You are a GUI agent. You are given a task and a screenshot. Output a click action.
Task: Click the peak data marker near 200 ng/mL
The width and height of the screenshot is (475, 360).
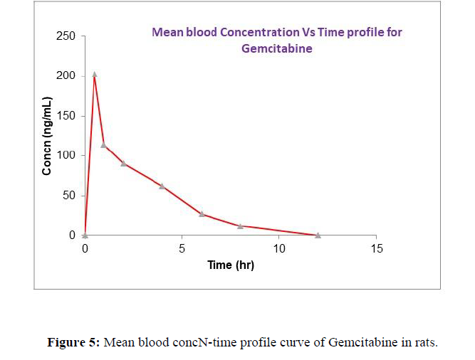[95, 74]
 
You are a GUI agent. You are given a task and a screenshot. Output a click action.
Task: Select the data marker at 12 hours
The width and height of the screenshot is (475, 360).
[318, 235]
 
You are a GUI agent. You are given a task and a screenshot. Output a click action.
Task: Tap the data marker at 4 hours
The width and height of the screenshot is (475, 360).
[162, 186]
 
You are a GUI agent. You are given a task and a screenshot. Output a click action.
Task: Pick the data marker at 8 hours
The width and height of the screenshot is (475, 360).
[240, 226]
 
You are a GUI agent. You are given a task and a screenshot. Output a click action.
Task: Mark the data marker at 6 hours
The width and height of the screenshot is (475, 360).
[202, 213]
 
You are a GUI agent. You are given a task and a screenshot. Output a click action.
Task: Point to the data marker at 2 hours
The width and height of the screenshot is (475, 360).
[123, 163]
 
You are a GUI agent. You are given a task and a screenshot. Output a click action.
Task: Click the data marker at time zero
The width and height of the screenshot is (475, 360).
[85, 235]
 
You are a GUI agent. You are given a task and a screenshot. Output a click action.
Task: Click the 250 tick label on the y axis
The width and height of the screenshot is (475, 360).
[66, 36]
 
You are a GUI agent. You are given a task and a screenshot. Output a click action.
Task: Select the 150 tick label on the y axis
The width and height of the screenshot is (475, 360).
[66, 115]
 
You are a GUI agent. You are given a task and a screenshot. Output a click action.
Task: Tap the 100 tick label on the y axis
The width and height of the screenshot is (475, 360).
[66, 155]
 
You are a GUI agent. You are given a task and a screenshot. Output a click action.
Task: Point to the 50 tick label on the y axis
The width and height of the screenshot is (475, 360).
[69, 195]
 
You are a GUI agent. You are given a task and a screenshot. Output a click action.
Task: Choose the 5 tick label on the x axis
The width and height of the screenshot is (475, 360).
[182, 249]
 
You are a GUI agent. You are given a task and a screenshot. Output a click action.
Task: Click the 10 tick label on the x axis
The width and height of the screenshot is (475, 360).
[279, 249]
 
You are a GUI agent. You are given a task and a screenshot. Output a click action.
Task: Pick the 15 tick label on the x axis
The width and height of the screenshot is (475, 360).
[376, 249]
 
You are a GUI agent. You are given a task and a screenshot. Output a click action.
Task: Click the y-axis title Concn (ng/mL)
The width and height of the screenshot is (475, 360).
[47, 135]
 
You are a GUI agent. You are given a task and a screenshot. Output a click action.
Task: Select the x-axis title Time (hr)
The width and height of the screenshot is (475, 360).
[230, 265]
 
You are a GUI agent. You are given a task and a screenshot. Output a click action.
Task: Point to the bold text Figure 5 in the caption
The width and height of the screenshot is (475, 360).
[74, 342]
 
